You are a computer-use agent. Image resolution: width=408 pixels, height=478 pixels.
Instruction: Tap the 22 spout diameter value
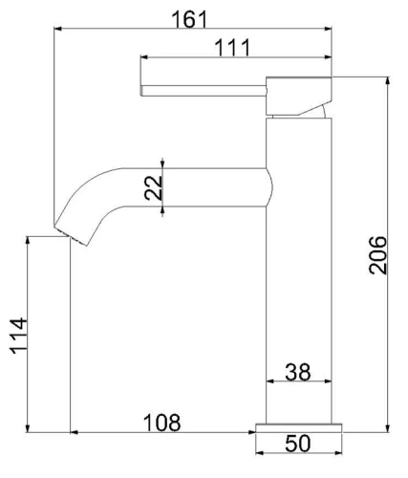point(151,186)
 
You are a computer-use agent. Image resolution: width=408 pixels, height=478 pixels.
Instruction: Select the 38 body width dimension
point(297,372)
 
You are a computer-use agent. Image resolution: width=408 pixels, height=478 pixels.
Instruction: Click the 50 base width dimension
point(297,445)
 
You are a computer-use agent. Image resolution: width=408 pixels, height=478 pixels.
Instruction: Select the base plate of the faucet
point(297,425)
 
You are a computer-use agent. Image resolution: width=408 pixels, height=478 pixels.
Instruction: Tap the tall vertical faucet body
point(297,268)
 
